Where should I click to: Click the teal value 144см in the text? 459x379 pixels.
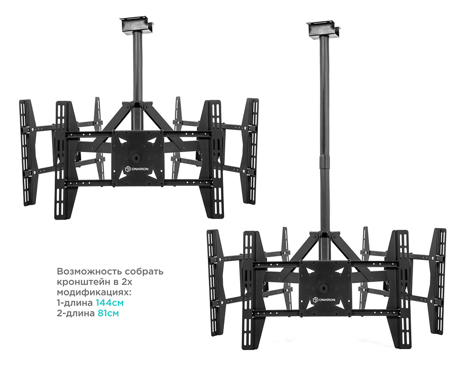(110, 303)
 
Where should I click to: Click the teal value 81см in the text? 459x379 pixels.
(108, 313)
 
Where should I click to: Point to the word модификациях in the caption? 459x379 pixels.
(93, 292)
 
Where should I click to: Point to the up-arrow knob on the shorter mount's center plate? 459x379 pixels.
(136, 157)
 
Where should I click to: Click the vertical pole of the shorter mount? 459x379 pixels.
(137, 68)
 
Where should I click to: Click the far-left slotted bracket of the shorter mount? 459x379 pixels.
(26, 153)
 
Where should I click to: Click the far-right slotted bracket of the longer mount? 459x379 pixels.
(438, 282)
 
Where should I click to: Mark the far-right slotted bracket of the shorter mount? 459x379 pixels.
(251, 151)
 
